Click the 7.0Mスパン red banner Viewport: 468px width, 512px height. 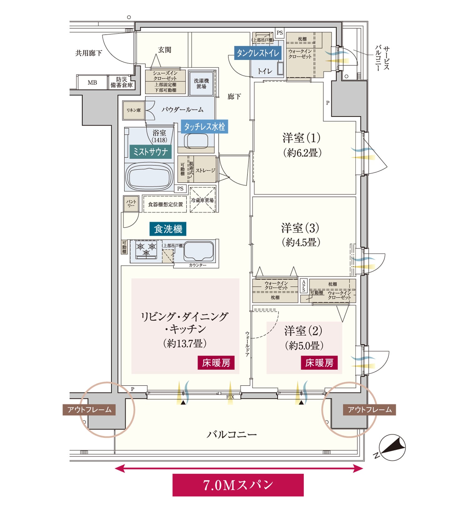coord(238,485)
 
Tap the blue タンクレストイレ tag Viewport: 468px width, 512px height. coord(258,53)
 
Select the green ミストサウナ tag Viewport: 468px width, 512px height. coord(150,152)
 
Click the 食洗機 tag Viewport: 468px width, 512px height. coord(168,229)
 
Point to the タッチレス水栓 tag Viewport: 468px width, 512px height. coord(204,127)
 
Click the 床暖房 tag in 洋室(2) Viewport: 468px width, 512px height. coord(319,363)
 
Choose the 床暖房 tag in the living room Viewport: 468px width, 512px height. coord(216,363)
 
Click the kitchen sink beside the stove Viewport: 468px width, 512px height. coord(199,251)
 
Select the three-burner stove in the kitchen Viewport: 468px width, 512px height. coord(146,250)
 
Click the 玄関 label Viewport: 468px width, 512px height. coord(164,50)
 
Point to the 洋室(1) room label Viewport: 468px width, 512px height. coord(302,145)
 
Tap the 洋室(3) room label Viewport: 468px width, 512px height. coord(300,235)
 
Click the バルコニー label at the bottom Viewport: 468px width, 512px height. coord(232,434)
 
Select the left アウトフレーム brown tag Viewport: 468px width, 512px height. coord(89,410)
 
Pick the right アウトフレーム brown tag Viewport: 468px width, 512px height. coord(369,410)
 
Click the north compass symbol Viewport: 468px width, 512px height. coord(392,448)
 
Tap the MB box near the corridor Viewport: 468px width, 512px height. coord(92,82)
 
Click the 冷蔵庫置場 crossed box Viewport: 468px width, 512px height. coord(202,200)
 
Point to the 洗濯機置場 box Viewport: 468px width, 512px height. coord(201,83)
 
